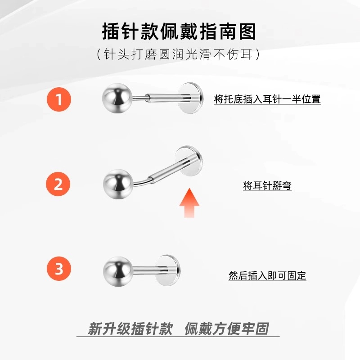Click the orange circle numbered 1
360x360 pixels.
click(59, 99)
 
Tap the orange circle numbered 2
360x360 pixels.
click(58, 184)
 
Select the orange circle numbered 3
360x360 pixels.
click(59, 268)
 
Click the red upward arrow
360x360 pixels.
click(189, 203)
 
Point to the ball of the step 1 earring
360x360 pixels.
click(117, 98)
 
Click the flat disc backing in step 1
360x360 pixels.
click(190, 98)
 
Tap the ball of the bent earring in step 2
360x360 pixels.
click(118, 184)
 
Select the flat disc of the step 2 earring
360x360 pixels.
click(189, 161)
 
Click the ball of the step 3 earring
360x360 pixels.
click(118, 271)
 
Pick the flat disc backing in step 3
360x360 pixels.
click(168, 270)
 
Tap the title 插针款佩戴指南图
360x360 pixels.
click(179, 31)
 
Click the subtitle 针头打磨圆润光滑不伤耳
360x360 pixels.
click(178, 54)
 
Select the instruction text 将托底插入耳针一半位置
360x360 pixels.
click(267, 99)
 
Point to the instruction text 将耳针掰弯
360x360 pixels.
click(267, 185)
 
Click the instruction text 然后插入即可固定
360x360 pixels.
click(267, 275)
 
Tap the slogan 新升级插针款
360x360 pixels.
click(130, 328)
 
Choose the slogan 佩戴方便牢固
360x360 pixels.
click(227, 328)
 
